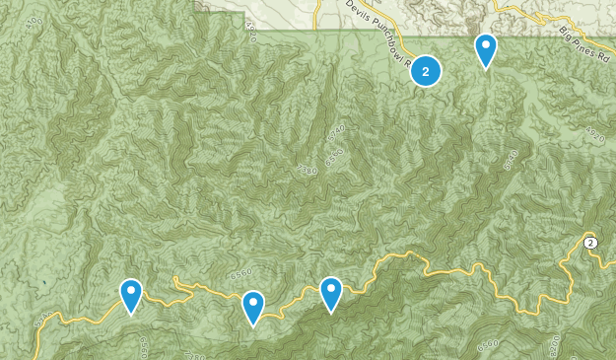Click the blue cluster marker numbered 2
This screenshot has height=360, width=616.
coord(425,70)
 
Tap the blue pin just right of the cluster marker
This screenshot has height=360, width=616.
coord(486,49)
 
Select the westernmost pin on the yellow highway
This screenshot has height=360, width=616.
coord(131,295)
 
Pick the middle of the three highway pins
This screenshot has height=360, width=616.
coord(253,307)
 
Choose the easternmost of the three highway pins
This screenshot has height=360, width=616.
coord(331,293)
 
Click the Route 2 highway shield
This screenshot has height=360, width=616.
coord(589,243)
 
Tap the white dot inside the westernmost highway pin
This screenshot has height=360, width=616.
coord(131,290)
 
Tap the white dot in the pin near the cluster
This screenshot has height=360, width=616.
coord(486,43)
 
